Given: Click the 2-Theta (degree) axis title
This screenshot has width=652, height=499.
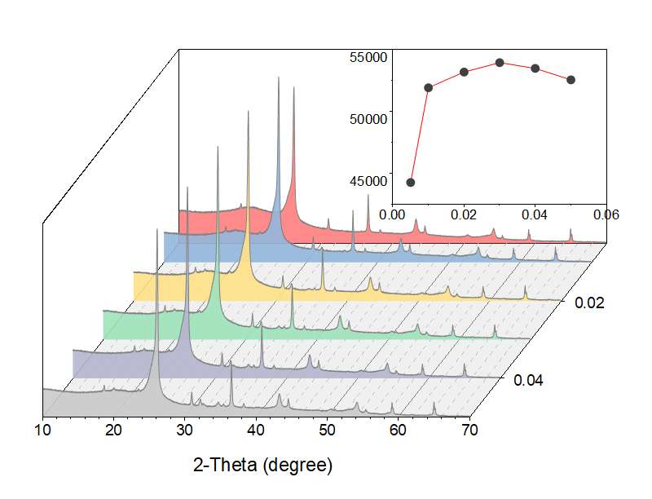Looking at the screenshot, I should [x=262, y=466].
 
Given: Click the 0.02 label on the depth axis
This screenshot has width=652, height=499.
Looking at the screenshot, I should [x=589, y=303].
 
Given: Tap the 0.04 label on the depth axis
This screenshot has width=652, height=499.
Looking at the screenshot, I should [x=531, y=381].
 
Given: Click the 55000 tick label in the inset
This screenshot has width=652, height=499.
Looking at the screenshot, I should [x=368, y=58].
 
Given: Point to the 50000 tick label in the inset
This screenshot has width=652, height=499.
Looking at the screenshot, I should [x=368, y=119].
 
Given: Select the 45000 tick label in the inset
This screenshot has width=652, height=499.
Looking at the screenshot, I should [x=368, y=181].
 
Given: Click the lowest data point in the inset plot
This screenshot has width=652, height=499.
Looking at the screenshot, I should [x=411, y=183].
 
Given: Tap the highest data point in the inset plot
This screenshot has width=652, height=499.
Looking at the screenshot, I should [x=500, y=62].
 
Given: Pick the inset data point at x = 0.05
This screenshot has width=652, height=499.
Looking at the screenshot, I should [x=571, y=80].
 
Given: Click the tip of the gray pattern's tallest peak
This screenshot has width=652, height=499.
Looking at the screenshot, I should [x=156, y=229].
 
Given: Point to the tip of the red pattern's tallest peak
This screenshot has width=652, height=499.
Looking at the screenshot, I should [x=293, y=87].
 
